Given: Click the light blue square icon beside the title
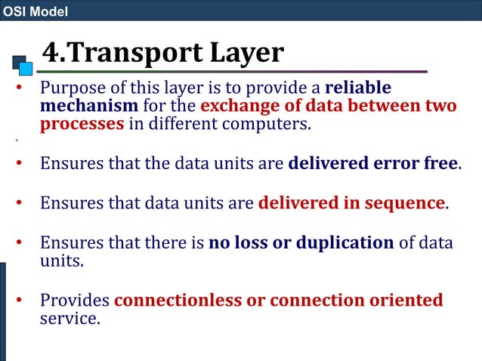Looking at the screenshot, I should tap(26, 69).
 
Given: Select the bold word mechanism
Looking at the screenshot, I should tap(88, 106).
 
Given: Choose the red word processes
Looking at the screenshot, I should tap(82, 124).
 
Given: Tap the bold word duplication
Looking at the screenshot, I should tap(335, 242).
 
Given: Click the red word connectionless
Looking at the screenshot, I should tap(178, 300).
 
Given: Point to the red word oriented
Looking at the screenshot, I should tap(406, 300).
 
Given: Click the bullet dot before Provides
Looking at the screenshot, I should tap(20, 301).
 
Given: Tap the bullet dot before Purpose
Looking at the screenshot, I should tap(20, 88).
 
